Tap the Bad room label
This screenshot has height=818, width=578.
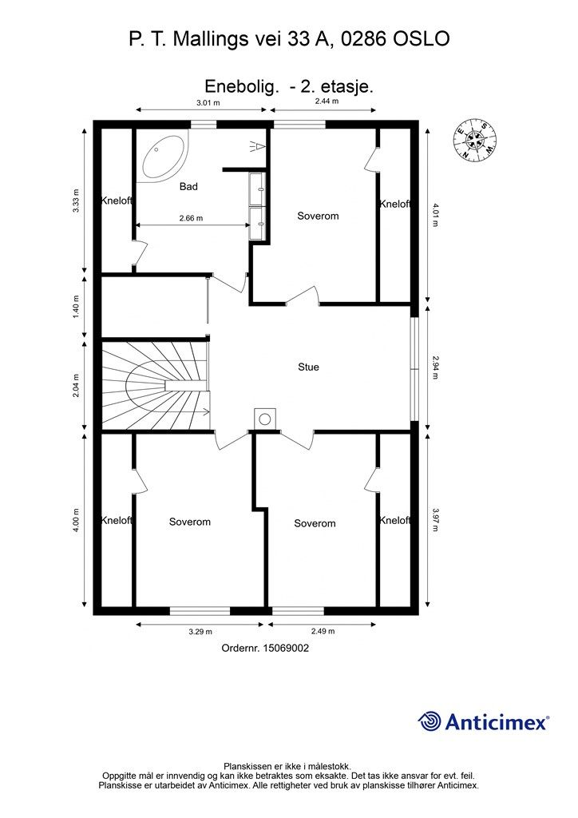188,187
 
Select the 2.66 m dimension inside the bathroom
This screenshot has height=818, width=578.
190,218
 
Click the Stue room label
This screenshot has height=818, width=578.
308,367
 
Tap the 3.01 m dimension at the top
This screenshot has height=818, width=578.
208,102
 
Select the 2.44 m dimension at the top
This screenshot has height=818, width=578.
327,102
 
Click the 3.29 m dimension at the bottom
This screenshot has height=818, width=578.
200,631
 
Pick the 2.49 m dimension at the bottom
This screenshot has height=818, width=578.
323,631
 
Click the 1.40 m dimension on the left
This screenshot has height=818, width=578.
77,308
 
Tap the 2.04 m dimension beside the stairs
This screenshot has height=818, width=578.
77,387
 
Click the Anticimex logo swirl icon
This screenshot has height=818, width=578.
430,721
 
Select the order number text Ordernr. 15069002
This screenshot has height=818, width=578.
265,649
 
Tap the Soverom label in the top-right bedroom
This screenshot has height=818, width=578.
318,216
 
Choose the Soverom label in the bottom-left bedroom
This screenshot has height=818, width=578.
190,522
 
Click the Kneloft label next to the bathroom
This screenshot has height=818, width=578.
117,201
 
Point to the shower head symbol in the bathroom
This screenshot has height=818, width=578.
255,145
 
